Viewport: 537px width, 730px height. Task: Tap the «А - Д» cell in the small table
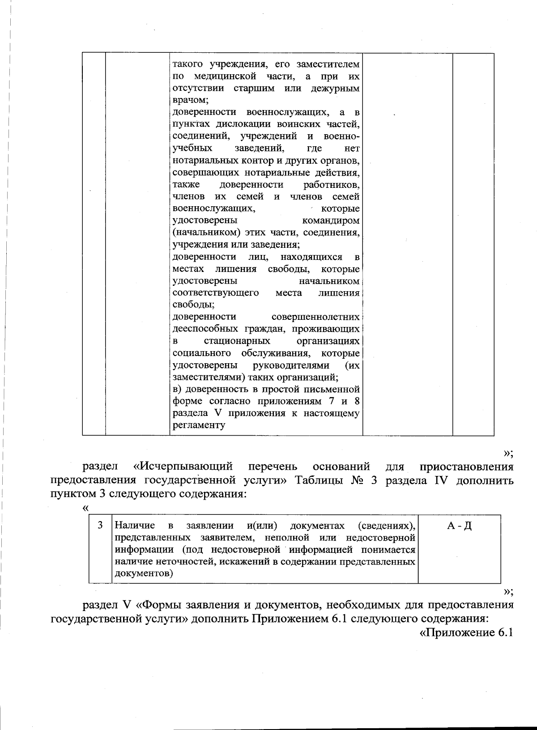click(459, 526)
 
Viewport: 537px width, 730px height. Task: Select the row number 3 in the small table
click(100, 525)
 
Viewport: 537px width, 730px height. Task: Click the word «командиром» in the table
click(331, 221)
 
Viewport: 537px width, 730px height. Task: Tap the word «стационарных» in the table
click(237, 341)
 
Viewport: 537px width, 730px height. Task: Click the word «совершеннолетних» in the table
click(315, 317)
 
